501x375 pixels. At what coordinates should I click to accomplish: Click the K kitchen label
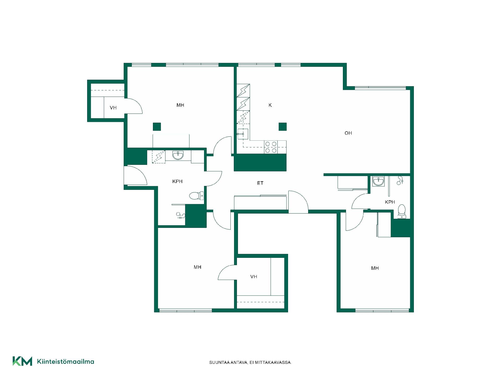pyautogui.click(x=270, y=105)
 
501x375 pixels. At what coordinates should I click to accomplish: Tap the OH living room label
pyautogui.click(x=348, y=133)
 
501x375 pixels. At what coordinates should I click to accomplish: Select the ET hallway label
pyautogui.click(x=260, y=183)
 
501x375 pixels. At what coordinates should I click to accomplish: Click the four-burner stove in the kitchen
pyautogui.click(x=271, y=147)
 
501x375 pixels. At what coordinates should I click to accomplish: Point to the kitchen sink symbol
pyautogui.click(x=243, y=134)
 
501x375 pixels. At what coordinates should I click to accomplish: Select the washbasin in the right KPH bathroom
pyautogui.click(x=378, y=181)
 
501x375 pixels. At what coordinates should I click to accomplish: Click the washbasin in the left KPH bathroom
pyautogui.click(x=178, y=155)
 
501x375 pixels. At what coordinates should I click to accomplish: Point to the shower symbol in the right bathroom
pyautogui.click(x=400, y=180)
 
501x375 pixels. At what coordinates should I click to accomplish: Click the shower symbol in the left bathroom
pyautogui.click(x=181, y=215)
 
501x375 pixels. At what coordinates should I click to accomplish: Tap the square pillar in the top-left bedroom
pyautogui.click(x=157, y=127)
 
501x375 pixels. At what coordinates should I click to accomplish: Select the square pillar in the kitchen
pyautogui.click(x=283, y=127)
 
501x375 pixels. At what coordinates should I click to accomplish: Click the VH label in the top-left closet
pyautogui.click(x=113, y=108)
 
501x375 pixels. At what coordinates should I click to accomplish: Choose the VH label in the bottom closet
pyautogui.click(x=254, y=277)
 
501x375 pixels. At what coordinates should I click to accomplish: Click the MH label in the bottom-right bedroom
pyautogui.click(x=375, y=268)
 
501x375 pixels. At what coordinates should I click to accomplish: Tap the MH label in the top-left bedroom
pyautogui.click(x=180, y=105)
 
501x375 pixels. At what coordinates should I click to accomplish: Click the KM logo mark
pyautogui.click(x=22, y=361)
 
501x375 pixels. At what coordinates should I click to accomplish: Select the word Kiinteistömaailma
pyautogui.click(x=65, y=361)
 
